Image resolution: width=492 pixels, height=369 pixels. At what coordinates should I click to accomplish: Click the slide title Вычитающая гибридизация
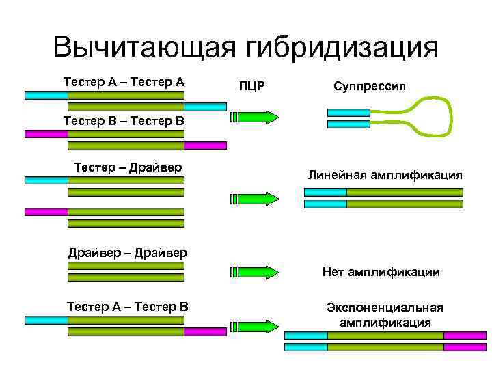(x=245, y=47)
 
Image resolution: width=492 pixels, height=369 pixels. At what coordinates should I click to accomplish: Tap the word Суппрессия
(x=370, y=86)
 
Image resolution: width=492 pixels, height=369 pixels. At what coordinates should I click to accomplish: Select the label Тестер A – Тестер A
(x=124, y=83)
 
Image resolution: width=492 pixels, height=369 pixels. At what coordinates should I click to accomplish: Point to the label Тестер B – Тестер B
(x=124, y=121)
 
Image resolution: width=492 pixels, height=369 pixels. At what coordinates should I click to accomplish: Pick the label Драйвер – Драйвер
(x=127, y=253)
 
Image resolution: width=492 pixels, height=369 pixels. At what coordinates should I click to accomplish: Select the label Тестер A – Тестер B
(x=127, y=305)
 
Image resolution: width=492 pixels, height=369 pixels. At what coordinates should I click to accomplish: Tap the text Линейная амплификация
(x=385, y=176)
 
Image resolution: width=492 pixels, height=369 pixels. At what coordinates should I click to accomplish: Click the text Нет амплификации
(x=381, y=272)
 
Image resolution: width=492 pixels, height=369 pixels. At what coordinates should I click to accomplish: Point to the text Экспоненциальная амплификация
(x=385, y=314)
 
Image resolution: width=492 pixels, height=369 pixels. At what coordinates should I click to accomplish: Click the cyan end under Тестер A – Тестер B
(x=46, y=320)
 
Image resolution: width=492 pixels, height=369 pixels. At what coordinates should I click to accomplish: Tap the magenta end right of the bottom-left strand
(x=205, y=331)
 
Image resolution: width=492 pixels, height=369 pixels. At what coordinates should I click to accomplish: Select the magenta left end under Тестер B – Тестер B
(x=46, y=134)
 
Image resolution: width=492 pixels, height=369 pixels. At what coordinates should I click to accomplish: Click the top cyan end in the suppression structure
(x=348, y=112)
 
